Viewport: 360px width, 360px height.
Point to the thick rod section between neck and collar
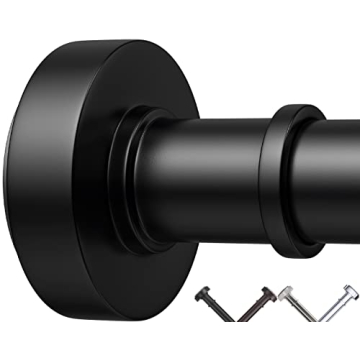205,160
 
